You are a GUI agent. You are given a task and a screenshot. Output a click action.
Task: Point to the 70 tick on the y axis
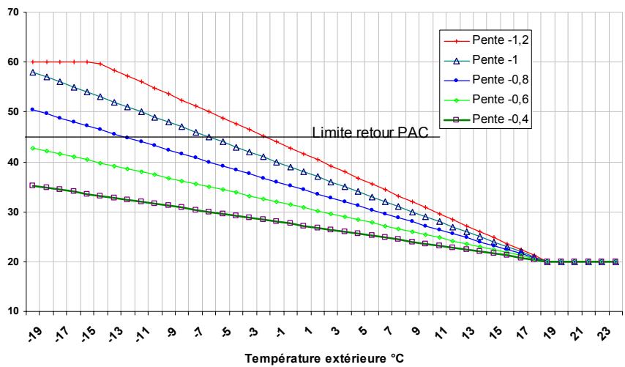14,12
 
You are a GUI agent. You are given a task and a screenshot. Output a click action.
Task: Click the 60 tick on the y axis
14,62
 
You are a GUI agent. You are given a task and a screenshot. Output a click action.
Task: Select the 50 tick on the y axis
14,112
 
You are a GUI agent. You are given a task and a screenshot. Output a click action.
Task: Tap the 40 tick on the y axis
14,162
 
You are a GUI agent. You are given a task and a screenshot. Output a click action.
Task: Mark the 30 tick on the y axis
14,212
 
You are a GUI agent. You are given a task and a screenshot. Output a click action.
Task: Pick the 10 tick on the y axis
14,311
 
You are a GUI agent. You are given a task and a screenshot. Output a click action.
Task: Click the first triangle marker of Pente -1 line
32,73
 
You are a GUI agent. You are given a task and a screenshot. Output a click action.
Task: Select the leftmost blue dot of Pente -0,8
32,110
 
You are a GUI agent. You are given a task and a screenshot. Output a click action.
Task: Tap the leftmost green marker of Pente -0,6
32,148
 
